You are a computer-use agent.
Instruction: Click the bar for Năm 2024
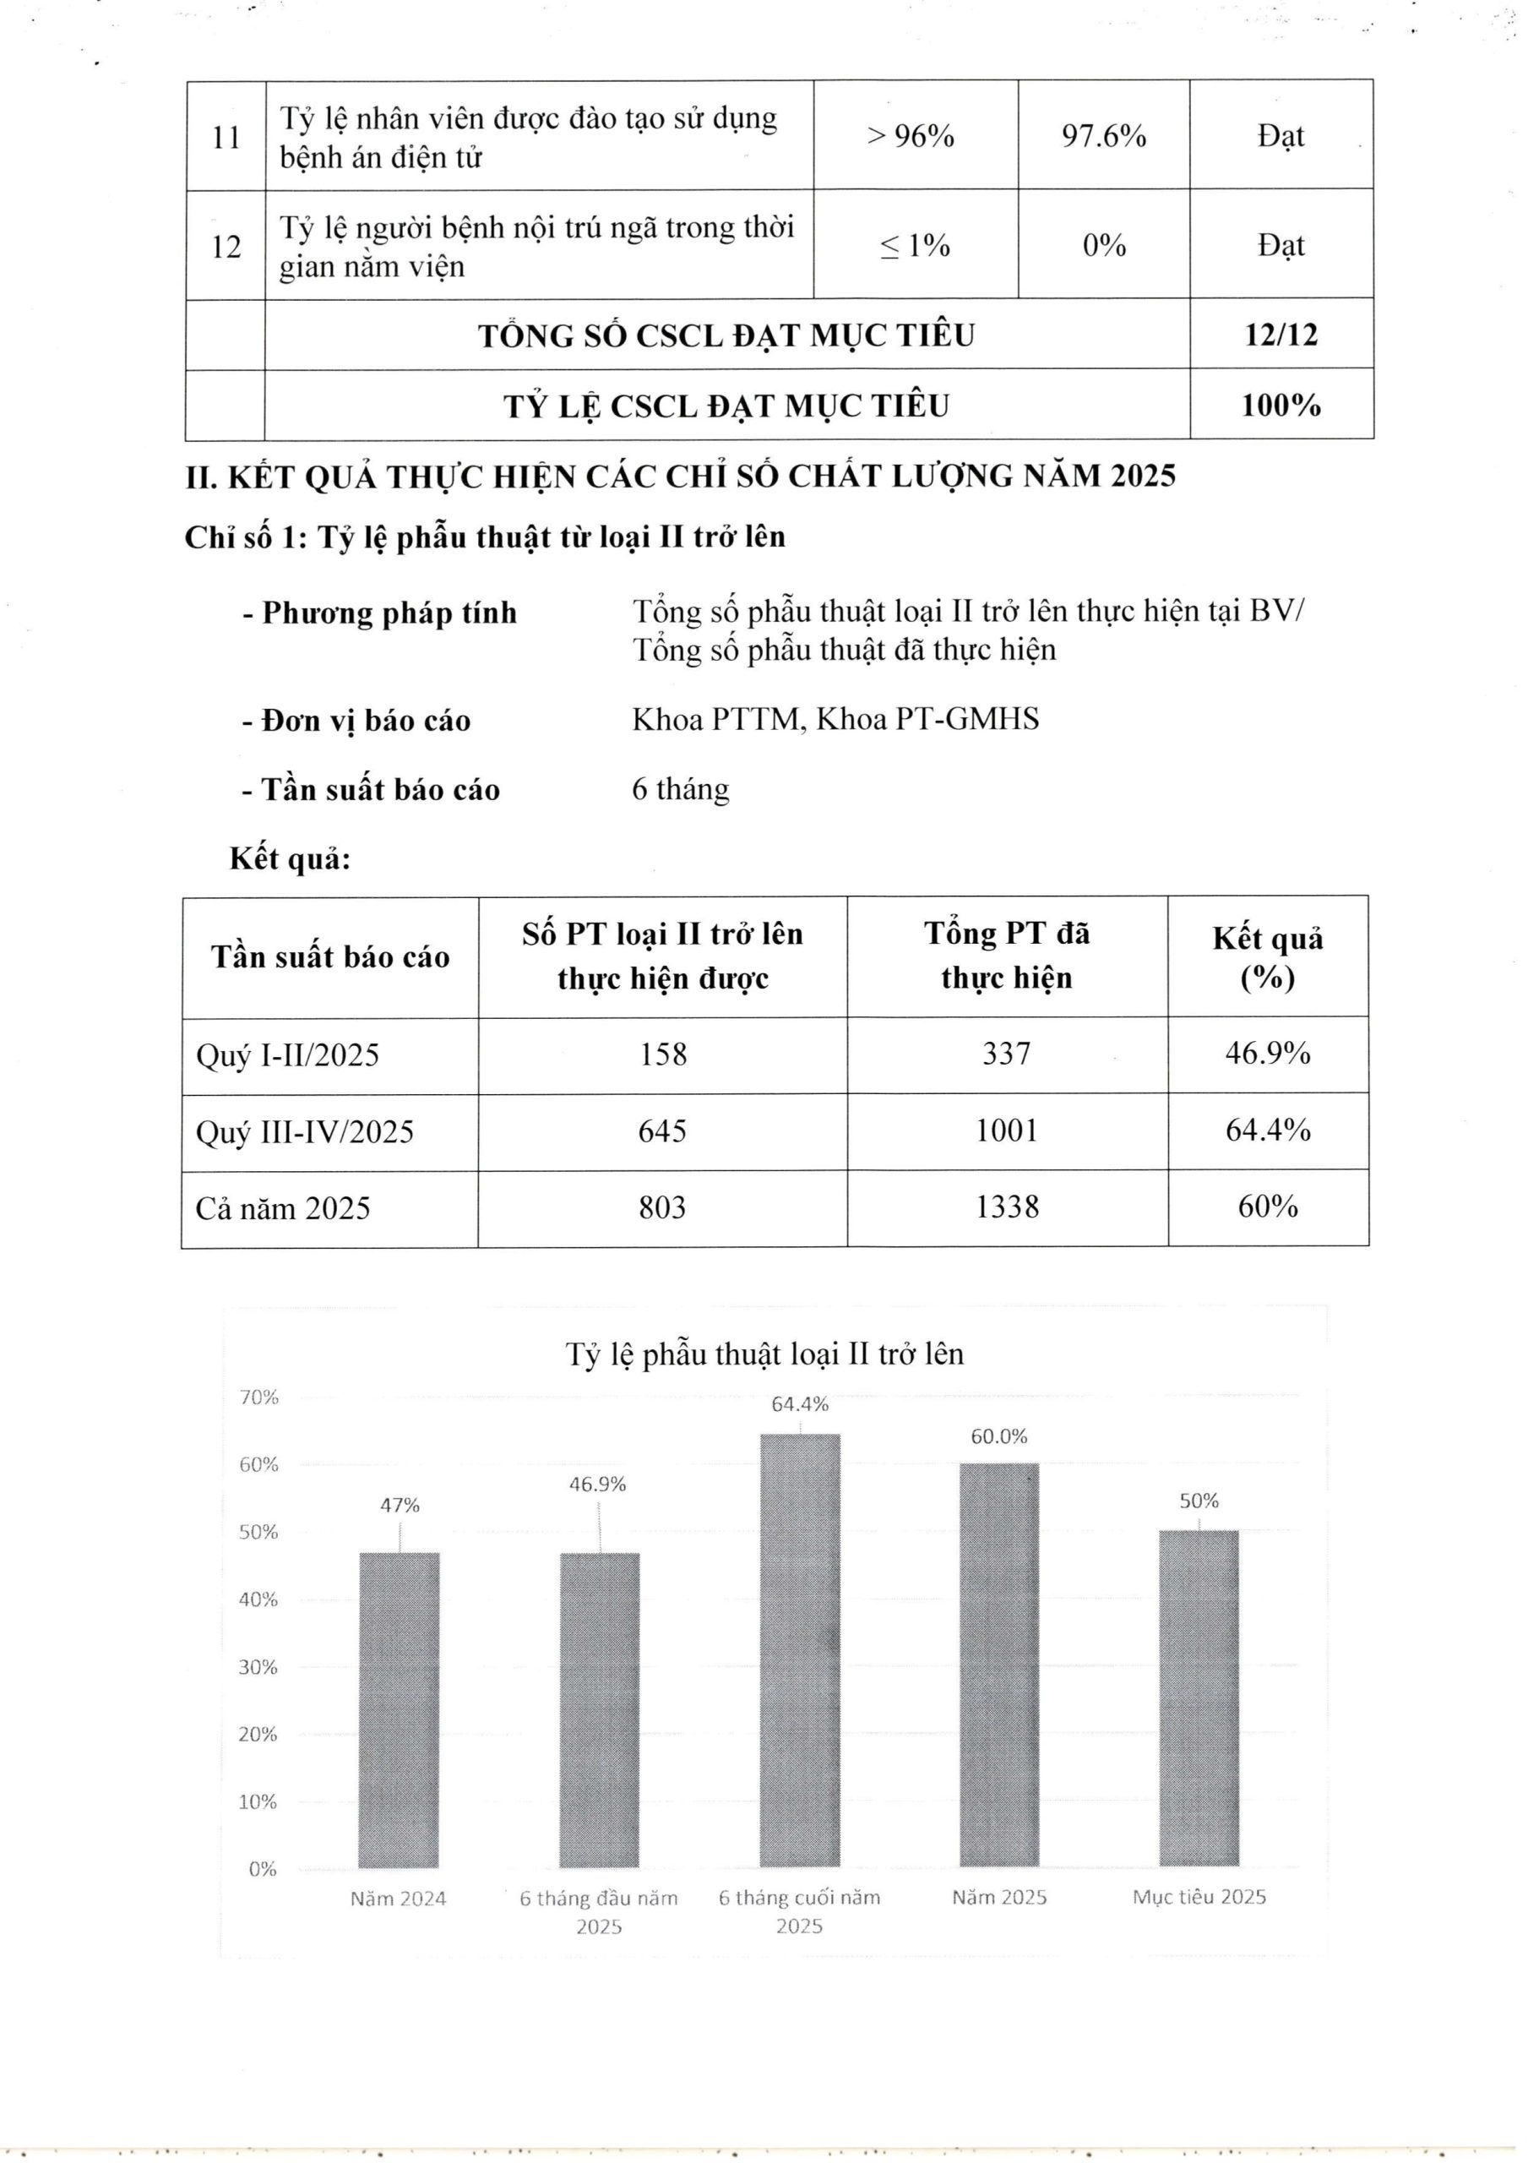(399, 1709)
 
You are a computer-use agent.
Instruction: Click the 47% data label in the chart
(400, 1506)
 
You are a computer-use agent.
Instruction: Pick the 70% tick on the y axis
(259, 1398)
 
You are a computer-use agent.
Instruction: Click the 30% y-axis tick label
(259, 1666)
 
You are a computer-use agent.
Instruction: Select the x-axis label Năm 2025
(998, 1898)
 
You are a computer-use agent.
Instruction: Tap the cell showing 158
(662, 1054)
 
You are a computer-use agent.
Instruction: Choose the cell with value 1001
(1006, 1131)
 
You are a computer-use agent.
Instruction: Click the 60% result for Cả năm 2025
(1267, 1207)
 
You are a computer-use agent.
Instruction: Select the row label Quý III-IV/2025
(304, 1131)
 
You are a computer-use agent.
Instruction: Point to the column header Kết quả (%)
(1267, 957)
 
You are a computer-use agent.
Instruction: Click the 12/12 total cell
(1281, 335)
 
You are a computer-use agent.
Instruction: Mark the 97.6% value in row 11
(1103, 137)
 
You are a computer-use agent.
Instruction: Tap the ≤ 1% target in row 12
(915, 246)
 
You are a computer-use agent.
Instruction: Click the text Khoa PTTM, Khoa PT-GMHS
(835, 720)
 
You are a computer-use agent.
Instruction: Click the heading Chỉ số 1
(484, 537)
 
